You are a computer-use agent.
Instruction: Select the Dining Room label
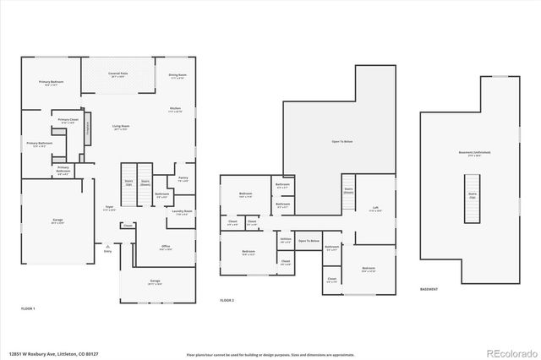[177, 75]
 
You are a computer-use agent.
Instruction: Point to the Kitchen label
[175, 110]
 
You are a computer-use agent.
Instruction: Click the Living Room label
[121, 128]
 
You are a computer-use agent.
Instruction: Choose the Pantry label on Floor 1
[183, 178]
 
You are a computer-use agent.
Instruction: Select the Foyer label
[109, 207]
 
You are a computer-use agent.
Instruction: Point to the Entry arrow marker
[107, 246]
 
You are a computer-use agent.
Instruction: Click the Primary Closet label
[68, 121]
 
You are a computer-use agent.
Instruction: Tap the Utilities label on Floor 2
[286, 240]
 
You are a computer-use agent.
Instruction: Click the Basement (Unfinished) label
[474, 153]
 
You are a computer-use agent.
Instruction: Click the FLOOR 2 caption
[227, 300]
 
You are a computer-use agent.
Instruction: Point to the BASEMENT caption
[429, 289]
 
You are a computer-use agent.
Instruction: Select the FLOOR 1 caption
[29, 309]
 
